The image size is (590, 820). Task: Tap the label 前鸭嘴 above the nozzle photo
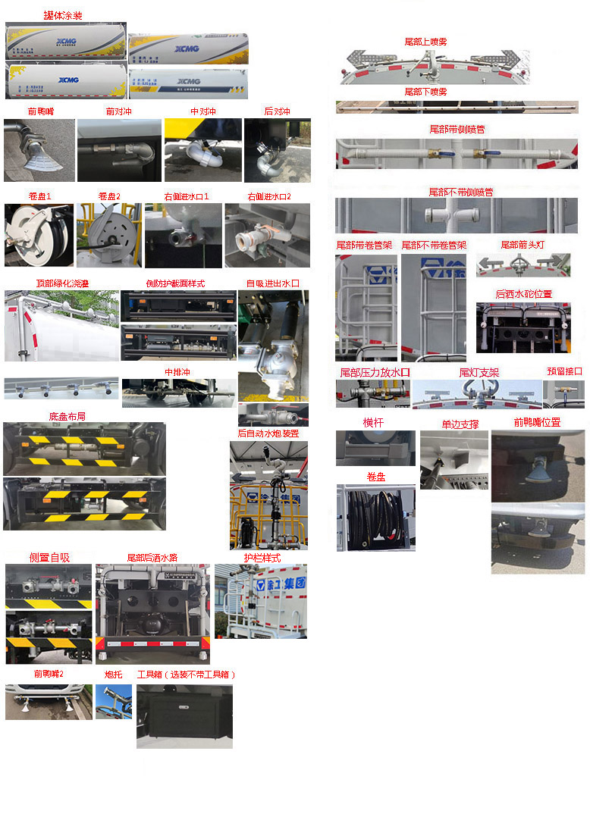click(x=40, y=111)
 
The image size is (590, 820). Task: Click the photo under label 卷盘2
click(x=108, y=235)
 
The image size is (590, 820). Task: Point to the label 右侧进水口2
click(x=268, y=196)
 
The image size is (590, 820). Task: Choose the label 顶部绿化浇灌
click(x=63, y=283)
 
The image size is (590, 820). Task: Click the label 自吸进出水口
click(x=273, y=283)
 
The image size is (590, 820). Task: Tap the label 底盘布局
click(x=67, y=416)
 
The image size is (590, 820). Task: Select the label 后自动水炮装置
click(x=268, y=433)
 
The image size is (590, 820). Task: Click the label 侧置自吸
click(x=49, y=557)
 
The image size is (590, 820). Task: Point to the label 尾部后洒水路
click(x=152, y=557)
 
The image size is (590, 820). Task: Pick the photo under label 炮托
click(x=113, y=702)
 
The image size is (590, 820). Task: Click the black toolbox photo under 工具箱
click(x=184, y=715)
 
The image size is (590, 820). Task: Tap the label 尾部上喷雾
click(x=425, y=42)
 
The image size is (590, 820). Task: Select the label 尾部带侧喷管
click(x=457, y=130)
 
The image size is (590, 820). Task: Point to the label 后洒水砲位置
click(x=523, y=294)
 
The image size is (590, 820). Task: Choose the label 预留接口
click(x=564, y=371)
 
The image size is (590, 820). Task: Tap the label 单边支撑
click(x=460, y=424)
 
